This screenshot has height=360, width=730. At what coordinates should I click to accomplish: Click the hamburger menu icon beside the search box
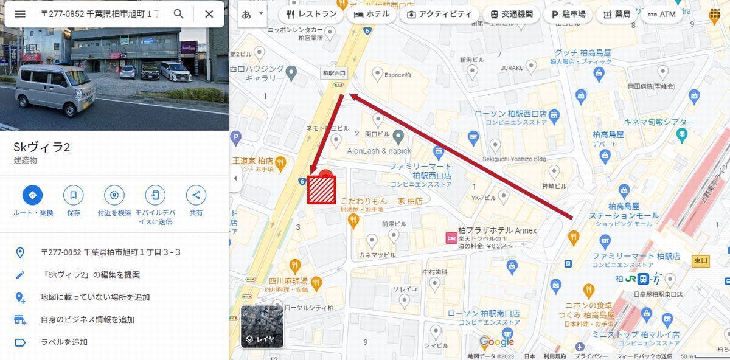[20, 14]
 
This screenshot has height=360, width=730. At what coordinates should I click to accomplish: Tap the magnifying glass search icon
[178, 14]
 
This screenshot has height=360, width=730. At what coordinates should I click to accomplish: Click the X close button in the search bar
[209, 14]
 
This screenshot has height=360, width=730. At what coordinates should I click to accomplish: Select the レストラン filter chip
[311, 14]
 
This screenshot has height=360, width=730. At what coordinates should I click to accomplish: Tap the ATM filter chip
[661, 14]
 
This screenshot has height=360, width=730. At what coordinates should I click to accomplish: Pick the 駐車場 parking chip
[568, 14]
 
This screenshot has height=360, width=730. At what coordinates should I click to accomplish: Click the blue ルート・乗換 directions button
[33, 196]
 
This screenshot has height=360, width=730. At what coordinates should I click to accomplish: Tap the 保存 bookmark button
[74, 196]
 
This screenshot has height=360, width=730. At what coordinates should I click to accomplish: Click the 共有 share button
[196, 196]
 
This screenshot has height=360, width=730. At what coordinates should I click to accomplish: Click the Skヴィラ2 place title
[41, 147]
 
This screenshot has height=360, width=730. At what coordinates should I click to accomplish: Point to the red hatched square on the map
[321, 189]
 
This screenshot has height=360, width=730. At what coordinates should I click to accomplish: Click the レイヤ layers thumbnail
[262, 327]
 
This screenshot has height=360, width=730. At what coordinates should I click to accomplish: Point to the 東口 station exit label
[701, 261]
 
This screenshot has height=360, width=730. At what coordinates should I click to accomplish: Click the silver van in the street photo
[55, 89]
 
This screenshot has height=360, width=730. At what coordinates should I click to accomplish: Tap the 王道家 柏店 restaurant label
[252, 161]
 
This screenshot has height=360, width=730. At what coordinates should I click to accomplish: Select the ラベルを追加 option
[64, 342]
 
